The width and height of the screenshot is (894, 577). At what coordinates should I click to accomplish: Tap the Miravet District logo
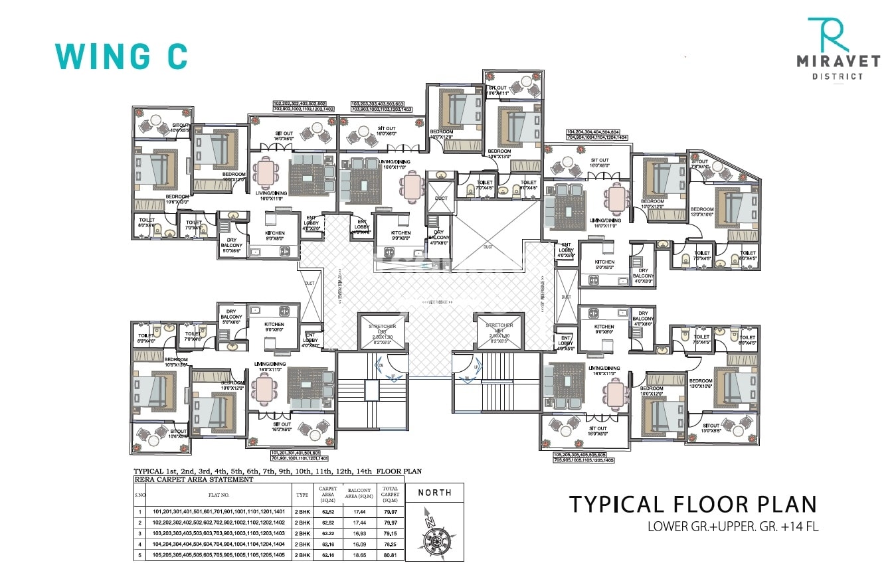(x=838, y=49)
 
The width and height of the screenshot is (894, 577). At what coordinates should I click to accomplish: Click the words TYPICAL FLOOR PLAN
(x=693, y=504)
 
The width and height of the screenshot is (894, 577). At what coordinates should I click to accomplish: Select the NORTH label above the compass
(x=434, y=493)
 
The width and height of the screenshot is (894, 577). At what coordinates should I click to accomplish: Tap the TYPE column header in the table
(x=302, y=495)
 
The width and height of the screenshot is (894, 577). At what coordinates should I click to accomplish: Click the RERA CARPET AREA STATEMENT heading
(x=194, y=479)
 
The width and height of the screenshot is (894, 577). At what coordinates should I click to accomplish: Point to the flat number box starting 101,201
(x=300, y=455)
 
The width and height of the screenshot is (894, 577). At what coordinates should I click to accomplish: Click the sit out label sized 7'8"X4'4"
(x=701, y=165)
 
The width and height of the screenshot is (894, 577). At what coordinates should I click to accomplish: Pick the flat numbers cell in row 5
(x=219, y=554)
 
